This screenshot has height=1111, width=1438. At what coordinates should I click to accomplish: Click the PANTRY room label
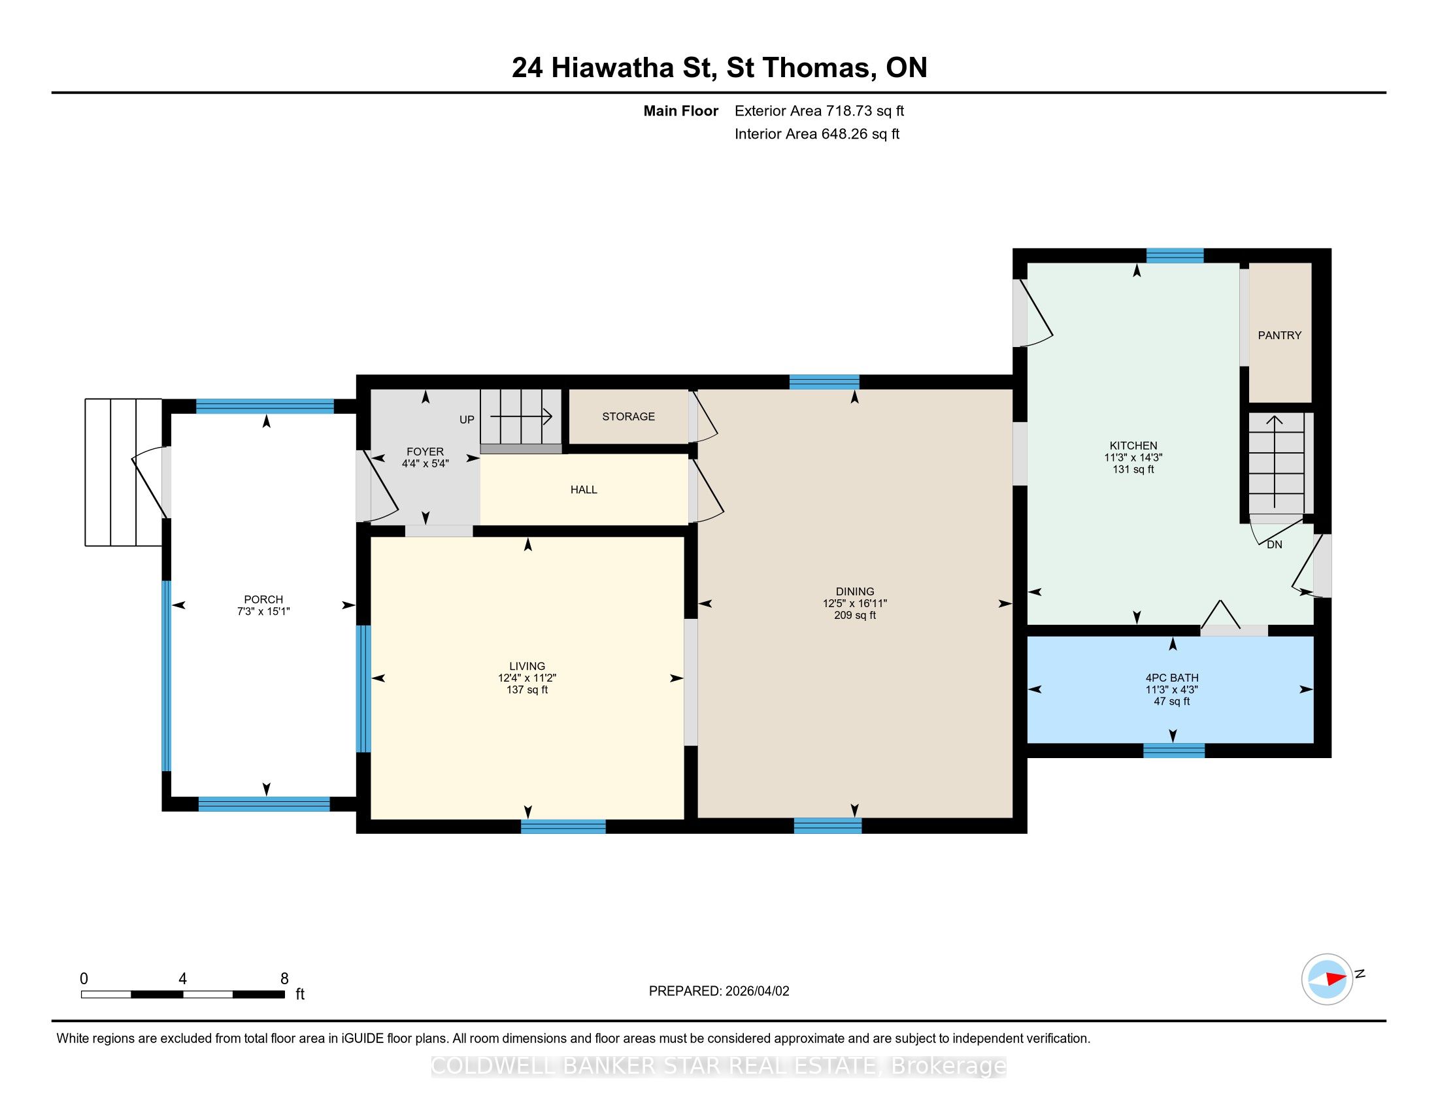click(x=1279, y=336)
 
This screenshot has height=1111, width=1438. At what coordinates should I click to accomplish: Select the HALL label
click(x=583, y=489)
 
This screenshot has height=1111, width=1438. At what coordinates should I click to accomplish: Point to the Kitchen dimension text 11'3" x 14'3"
click(x=1133, y=457)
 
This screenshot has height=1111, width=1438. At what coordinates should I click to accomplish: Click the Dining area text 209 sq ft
click(x=855, y=616)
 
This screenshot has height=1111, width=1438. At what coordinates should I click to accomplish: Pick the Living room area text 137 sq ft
click(x=527, y=689)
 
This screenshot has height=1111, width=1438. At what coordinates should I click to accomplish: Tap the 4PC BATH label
click(x=1172, y=678)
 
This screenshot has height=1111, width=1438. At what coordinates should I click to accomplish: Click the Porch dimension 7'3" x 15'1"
click(x=263, y=612)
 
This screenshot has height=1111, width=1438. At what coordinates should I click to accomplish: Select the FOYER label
click(x=425, y=452)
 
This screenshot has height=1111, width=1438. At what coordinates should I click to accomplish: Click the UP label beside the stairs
click(x=467, y=420)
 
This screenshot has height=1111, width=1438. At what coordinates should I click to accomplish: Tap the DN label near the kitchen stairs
click(x=1275, y=545)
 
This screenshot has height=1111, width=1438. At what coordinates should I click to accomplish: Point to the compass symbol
click(x=1328, y=979)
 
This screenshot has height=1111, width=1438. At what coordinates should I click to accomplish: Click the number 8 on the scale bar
click(x=284, y=979)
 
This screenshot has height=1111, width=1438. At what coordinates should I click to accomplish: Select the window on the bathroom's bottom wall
click(x=1174, y=750)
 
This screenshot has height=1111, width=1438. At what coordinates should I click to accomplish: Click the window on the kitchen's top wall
click(x=1175, y=256)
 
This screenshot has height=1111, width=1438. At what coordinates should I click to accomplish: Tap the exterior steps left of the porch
click(x=123, y=473)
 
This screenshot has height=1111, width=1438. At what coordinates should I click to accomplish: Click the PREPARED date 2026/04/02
click(x=756, y=991)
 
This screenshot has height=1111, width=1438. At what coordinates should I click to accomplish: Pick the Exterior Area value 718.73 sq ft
click(x=865, y=111)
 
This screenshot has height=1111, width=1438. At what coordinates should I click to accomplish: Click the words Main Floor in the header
click(x=681, y=111)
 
